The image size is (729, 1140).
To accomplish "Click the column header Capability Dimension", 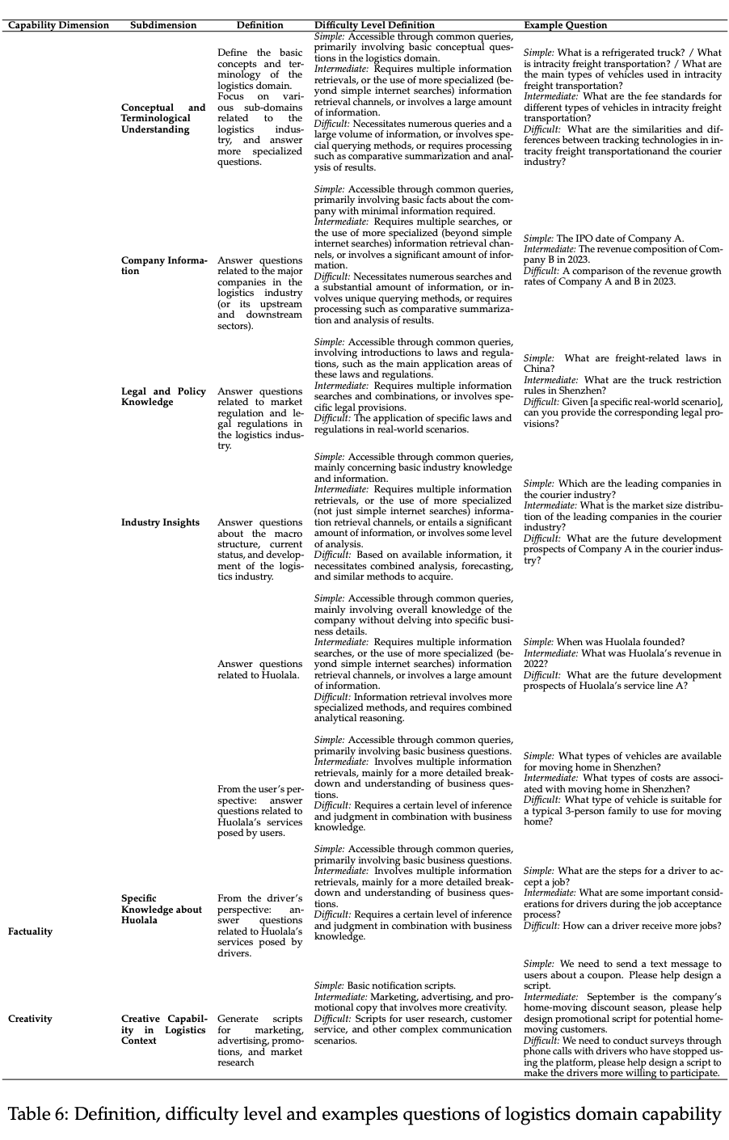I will [58, 25].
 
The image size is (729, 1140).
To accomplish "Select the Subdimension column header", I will [163, 25].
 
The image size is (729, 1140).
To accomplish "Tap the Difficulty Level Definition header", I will [374, 25].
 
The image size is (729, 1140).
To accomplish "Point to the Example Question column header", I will [565, 25].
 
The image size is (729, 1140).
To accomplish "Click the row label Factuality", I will [30, 931].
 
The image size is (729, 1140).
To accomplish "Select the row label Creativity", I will [30, 1019].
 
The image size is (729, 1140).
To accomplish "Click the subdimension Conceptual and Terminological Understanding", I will [163, 118].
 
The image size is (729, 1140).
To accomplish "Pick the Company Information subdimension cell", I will [163, 265].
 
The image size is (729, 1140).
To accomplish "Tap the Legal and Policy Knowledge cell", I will [163, 396].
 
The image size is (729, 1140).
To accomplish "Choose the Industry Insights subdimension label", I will [160, 522].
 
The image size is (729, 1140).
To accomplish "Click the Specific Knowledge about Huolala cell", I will [162, 909].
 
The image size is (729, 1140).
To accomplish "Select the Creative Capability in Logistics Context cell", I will [163, 1030].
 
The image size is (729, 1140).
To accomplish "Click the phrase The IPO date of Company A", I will [620, 239].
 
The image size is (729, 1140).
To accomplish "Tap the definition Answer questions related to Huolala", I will [259, 669].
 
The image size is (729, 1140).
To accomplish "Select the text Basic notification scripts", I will [401, 986].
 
